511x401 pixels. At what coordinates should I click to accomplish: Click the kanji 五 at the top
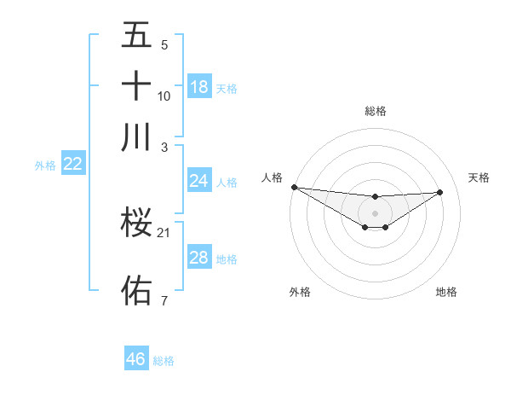[x=136, y=36]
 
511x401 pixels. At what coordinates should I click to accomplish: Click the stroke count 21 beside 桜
[x=164, y=233]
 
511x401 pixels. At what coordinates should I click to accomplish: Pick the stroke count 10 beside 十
[x=164, y=96]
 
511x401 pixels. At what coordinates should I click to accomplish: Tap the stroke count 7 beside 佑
[x=164, y=300]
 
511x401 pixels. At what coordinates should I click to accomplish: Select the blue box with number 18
[x=199, y=86]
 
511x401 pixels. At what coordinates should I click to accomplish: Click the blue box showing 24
[x=199, y=181]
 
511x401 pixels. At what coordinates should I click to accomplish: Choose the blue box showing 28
[x=199, y=258]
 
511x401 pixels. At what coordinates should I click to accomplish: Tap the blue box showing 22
[x=73, y=164]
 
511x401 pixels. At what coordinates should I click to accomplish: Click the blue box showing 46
[x=136, y=359]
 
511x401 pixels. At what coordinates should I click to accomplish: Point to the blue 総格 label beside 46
[x=164, y=361]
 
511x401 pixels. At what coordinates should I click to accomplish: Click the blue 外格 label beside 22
[x=45, y=166]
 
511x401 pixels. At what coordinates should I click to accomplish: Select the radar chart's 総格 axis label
[x=376, y=111]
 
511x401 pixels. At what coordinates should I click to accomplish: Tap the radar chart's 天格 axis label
[x=479, y=177]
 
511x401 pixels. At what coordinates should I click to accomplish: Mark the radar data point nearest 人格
[x=294, y=187]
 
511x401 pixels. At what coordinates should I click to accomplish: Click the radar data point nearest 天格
[x=440, y=192]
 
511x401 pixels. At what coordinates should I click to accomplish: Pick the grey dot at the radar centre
[x=375, y=212]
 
